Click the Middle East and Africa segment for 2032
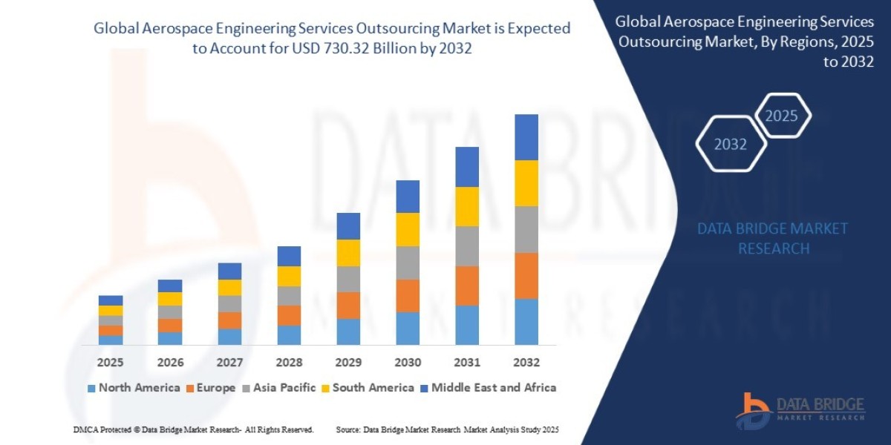click(526, 137)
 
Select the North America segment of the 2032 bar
click(526, 322)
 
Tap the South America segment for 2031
click(467, 206)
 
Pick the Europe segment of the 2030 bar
click(408, 295)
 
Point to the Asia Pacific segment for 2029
click(348, 279)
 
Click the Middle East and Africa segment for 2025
click(111, 300)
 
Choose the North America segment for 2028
click(289, 335)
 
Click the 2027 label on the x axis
click(229, 363)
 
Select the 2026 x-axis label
click(170, 363)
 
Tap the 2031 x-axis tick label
click(467, 363)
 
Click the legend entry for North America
click(134, 388)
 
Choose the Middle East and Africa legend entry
click(487, 388)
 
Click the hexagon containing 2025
click(781, 116)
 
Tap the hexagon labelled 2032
click(731, 144)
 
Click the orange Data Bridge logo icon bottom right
click(751, 409)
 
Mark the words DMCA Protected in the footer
click(99, 429)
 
